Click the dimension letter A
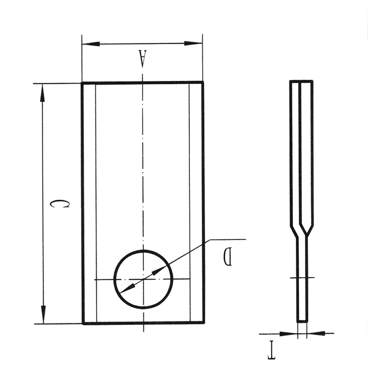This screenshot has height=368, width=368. (x=142, y=58)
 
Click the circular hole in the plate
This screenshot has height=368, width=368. (x=143, y=279)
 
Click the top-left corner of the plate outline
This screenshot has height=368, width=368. (x=82, y=83)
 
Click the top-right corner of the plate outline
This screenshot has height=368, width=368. (x=203, y=82)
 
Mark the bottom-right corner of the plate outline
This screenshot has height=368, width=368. (x=204, y=323)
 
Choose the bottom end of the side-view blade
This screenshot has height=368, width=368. (x=302, y=321)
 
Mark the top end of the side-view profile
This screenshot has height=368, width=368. (x=301, y=81)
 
